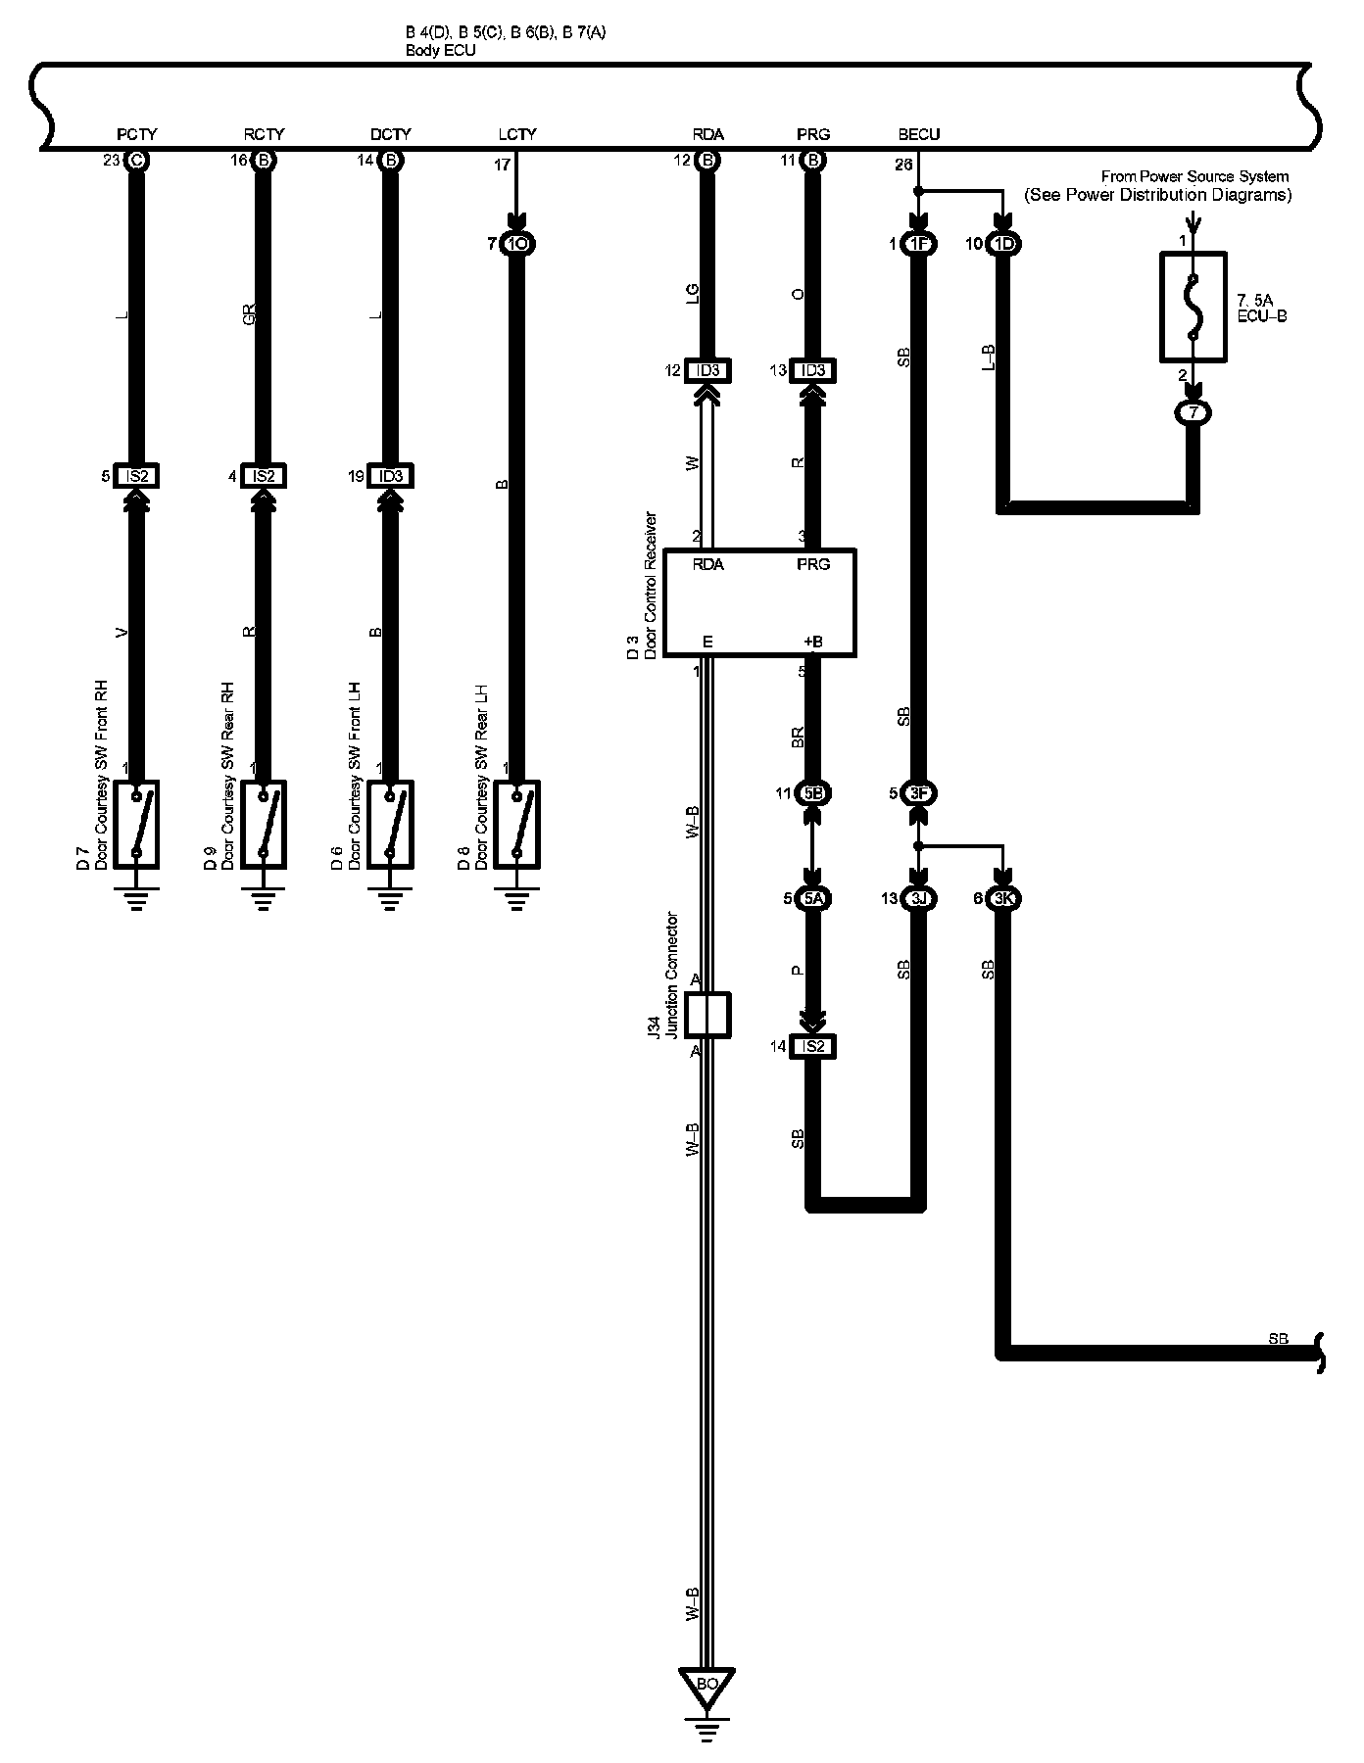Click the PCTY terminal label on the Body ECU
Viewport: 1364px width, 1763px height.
click(x=136, y=134)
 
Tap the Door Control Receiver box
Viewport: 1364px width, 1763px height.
click(x=759, y=602)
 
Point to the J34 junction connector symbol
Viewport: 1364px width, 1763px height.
click(x=707, y=1015)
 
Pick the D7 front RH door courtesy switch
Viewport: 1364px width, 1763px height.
click(x=136, y=824)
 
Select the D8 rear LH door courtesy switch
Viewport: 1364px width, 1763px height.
click(x=516, y=824)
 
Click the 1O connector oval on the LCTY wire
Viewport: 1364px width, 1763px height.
click(x=516, y=244)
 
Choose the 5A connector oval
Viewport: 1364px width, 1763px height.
click(x=812, y=899)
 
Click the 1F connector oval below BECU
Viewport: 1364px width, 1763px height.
click(x=918, y=245)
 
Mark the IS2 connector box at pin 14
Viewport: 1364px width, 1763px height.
click(x=812, y=1047)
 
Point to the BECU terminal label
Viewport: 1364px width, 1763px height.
click(x=918, y=134)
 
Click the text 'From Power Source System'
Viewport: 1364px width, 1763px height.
click(x=1194, y=176)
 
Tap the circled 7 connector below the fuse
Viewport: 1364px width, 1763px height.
click(x=1193, y=412)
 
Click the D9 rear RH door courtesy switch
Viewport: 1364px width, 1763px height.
click(x=263, y=824)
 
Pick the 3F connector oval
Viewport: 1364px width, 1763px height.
click(x=918, y=793)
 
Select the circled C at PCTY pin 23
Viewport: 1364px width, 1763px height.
click(x=136, y=161)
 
